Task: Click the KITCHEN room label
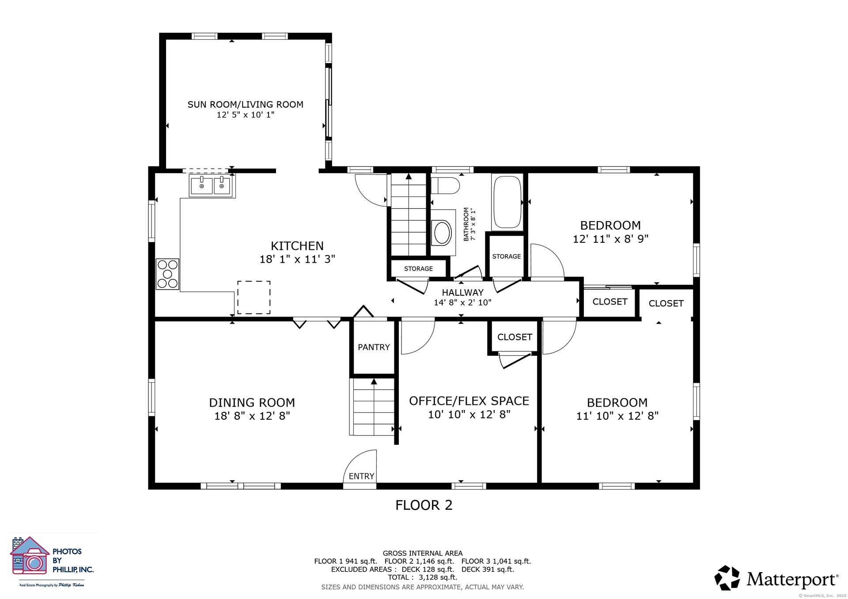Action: pyautogui.click(x=297, y=246)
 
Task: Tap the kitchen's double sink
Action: pyautogui.click(x=212, y=185)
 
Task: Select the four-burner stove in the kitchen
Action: pyautogui.click(x=167, y=274)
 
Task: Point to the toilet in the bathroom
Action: pyautogui.click(x=445, y=186)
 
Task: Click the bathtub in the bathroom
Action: pyautogui.click(x=507, y=202)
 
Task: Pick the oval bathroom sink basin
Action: pyautogui.click(x=442, y=233)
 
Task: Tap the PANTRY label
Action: pyautogui.click(x=374, y=347)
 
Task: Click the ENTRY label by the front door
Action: pyautogui.click(x=361, y=476)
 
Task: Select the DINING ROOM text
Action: pyautogui.click(x=252, y=403)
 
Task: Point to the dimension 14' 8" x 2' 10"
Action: pyautogui.click(x=462, y=302)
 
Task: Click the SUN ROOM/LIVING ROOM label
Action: pyautogui.click(x=245, y=105)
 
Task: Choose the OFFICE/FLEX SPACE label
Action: pyautogui.click(x=469, y=401)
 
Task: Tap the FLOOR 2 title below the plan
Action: pyautogui.click(x=424, y=505)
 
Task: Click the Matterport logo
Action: pyautogui.click(x=776, y=578)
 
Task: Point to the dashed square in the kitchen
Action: pyautogui.click(x=254, y=298)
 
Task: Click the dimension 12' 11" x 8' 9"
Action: pyautogui.click(x=610, y=239)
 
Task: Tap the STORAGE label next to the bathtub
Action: pyautogui.click(x=507, y=256)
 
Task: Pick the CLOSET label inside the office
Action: pyautogui.click(x=515, y=337)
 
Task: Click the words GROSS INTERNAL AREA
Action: pyautogui.click(x=423, y=553)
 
